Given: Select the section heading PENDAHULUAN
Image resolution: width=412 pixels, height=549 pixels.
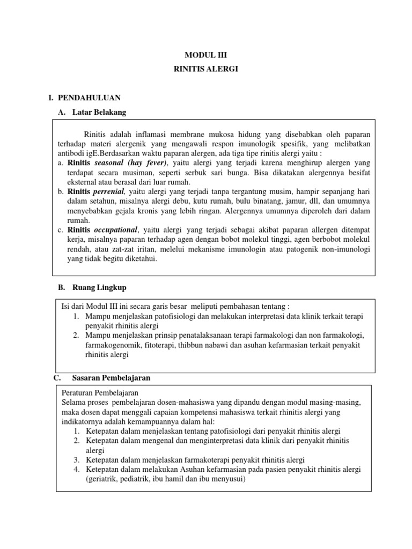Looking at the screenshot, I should (89, 98).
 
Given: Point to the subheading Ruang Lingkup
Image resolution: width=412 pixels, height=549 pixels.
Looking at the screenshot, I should (99, 287).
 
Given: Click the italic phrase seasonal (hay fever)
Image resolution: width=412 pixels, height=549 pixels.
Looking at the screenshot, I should (131, 162).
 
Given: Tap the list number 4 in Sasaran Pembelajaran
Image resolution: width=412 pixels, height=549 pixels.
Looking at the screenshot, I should (76, 470).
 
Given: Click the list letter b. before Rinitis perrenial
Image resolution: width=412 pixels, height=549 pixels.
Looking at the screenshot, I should (61, 191).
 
